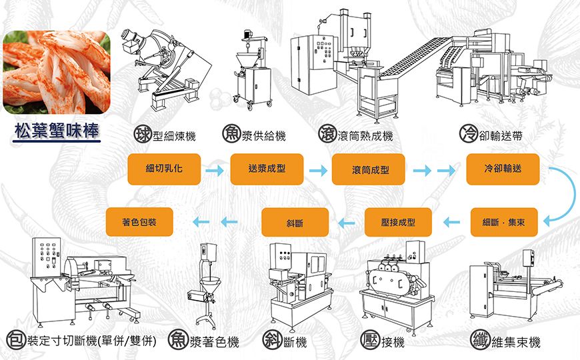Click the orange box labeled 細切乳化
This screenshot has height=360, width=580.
(164, 169)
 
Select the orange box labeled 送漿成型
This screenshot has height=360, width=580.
(267, 169)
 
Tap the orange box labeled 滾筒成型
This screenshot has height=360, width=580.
(369, 170)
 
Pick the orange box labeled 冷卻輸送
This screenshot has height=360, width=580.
(503, 169)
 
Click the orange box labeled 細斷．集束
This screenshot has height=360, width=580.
(504, 222)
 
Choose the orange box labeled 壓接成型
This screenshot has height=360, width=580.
(398, 222)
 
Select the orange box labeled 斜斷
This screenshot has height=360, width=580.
(295, 223)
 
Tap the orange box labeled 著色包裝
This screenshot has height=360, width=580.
(140, 221)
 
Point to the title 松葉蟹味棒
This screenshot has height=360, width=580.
(57, 131)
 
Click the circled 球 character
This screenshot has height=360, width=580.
(141, 134)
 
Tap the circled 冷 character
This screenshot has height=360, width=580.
(468, 134)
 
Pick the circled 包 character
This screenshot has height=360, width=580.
(15, 340)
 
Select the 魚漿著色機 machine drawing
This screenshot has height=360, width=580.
(207, 283)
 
